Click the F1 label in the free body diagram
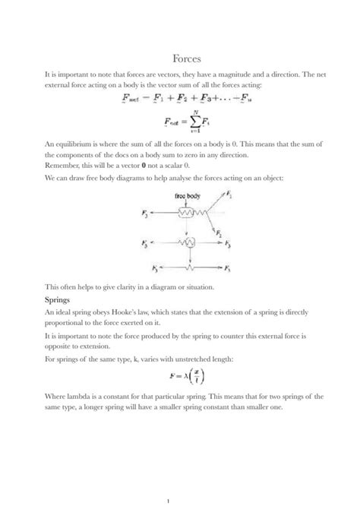coord(230,197)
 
